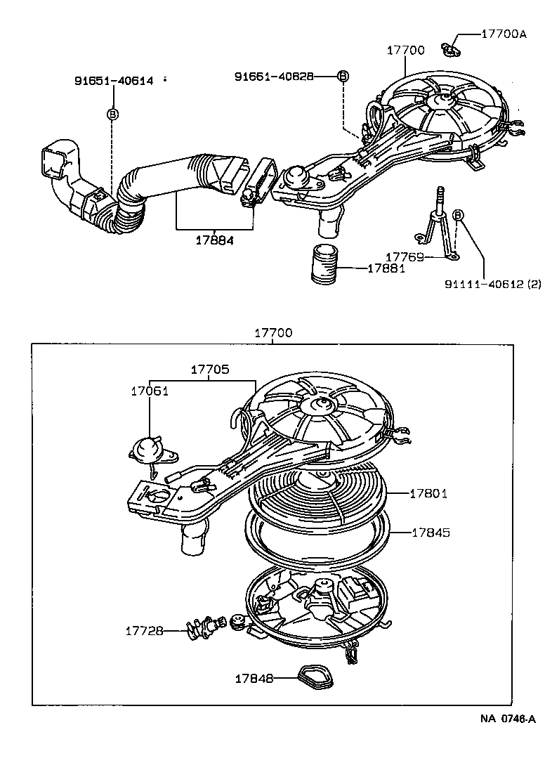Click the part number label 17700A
(x=503, y=33)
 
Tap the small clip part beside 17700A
(x=450, y=49)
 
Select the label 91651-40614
(x=114, y=81)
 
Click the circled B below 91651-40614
(x=112, y=113)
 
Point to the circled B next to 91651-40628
(x=343, y=76)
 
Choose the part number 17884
(x=215, y=240)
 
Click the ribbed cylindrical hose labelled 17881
(x=325, y=264)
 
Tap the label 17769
(x=405, y=257)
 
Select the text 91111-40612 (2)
(x=492, y=284)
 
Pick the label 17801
(x=428, y=494)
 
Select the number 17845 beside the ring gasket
(x=430, y=532)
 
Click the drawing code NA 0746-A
(x=508, y=718)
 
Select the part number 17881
(x=386, y=268)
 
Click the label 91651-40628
(x=274, y=76)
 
